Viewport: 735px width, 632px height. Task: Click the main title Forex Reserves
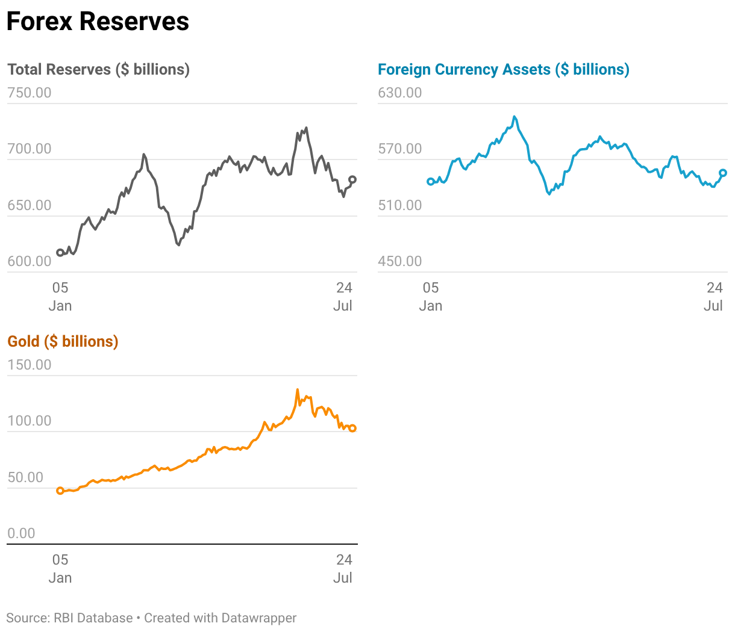[98, 21]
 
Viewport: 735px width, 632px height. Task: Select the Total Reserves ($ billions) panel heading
[98, 69]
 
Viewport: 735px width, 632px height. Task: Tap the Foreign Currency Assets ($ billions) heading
[504, 69]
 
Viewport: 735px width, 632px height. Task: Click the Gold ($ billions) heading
[63, 341]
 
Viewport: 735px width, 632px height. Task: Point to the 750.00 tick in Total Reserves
[30, 93]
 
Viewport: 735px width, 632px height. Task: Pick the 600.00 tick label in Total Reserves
[30, 261]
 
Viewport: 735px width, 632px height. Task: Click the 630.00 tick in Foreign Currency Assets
[399, 93]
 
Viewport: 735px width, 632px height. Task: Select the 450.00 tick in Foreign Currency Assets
[399, 261]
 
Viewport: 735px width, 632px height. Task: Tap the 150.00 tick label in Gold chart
[30, 365]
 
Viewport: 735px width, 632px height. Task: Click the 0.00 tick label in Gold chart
[21, 533]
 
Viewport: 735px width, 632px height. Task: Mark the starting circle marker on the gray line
[60, 253]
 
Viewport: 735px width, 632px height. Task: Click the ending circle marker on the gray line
[352, 180]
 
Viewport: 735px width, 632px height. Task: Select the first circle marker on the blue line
[431, 182]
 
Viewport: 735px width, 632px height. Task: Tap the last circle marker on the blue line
[723, 173]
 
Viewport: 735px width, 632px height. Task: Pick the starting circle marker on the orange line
[60, 491]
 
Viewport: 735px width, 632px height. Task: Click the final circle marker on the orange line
[352, 429]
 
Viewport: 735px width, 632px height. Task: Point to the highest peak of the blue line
[514, 117]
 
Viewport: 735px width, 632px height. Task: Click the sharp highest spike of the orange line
[298, 389]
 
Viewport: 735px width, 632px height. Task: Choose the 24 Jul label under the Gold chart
[343, 568]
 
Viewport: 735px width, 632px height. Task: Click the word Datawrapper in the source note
[259, 618]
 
